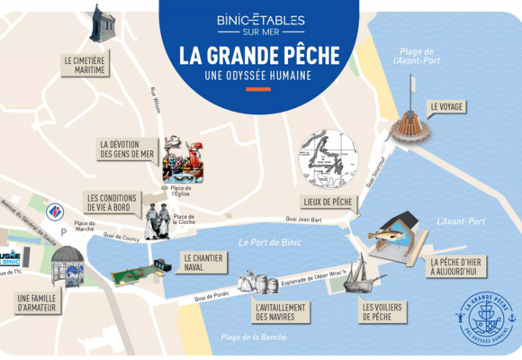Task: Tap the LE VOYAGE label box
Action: (446, 106)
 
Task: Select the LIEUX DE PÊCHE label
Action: (328, 202)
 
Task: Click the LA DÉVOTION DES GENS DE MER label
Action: (127, 149)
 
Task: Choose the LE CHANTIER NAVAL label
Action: (202, 261)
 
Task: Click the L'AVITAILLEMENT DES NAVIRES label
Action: (281, 311)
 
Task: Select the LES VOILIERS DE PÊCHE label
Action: (381, 311)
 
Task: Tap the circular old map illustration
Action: (328, 157)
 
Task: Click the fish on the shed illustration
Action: (390, 237)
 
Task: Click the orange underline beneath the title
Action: (259, 89)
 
